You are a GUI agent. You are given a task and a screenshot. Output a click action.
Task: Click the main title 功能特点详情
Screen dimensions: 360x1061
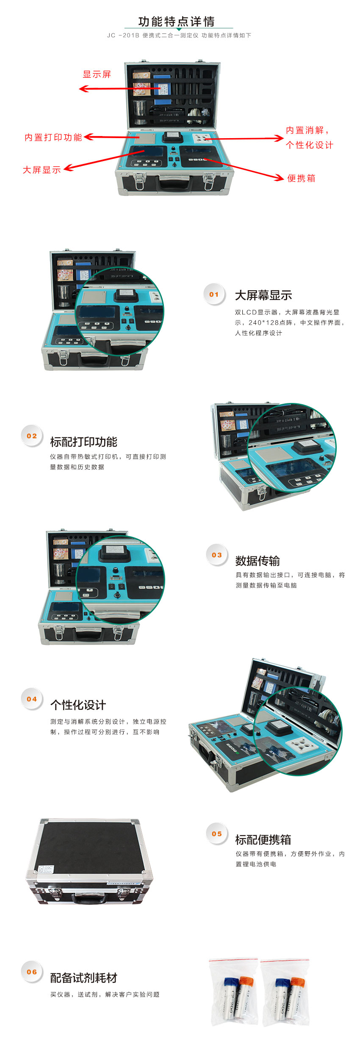click(177, 21)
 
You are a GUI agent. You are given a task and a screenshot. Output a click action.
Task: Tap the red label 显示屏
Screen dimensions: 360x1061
click(97, 75)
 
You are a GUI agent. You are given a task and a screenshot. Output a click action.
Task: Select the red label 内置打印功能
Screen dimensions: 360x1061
click(53, 137)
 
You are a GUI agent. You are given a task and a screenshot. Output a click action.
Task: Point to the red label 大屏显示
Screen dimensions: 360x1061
click(42, 170)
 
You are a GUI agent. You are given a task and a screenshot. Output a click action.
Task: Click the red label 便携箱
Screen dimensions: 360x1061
click(302, 178)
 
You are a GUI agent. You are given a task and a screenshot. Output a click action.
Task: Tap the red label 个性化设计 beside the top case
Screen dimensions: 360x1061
click(310, 145)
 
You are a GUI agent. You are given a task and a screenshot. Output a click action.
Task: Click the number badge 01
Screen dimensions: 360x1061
click(214, 294)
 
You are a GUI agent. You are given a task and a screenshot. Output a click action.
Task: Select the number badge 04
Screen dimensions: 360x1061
click(32, 699)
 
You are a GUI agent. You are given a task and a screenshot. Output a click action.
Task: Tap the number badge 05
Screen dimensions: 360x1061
click(217, 833)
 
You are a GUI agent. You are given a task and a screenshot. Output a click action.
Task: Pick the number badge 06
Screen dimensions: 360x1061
click(32, 972)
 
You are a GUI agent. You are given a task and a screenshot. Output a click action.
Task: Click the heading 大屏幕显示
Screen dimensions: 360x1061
click(263, 295)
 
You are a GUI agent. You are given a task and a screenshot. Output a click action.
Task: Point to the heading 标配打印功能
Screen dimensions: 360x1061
click(84, 442)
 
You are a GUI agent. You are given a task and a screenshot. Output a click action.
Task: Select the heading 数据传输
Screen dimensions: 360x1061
click(258, 561)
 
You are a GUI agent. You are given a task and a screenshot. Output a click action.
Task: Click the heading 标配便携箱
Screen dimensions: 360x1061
click(263, 839)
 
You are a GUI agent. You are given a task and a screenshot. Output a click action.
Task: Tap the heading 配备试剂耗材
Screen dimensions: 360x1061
click(84, 978)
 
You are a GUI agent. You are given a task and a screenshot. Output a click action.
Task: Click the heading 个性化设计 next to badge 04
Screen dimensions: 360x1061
click(78, 705)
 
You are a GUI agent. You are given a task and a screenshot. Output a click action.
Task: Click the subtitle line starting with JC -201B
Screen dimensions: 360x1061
click(179, 36)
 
